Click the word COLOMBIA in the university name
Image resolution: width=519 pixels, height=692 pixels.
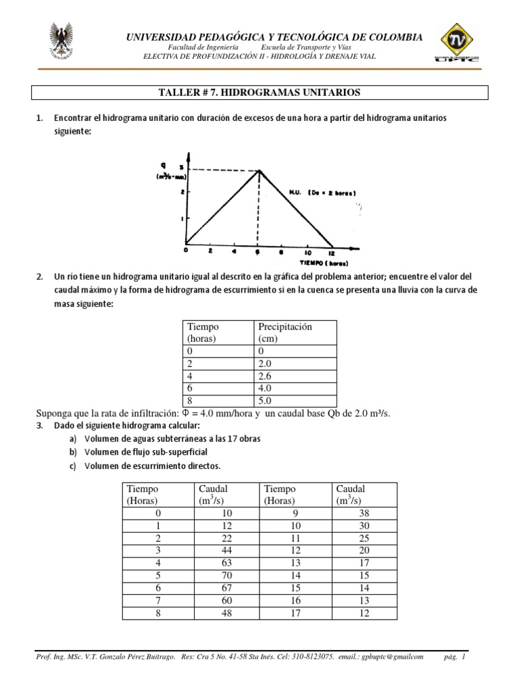point(393,36)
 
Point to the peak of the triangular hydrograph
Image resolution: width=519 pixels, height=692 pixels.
point(257,170)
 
